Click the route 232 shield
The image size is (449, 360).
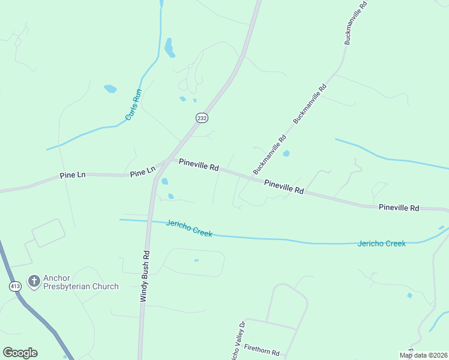point(202,118)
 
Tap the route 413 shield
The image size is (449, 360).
point(15,286)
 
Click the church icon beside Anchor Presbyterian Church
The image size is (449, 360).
point(34,281)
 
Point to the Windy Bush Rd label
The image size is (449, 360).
point(144,277)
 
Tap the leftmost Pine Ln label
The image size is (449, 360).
point(73,175)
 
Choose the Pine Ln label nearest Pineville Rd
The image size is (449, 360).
point(143,172)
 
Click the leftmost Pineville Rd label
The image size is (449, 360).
point(199,164)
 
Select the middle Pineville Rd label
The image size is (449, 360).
point(284,187)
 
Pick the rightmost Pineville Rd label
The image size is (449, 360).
point(399,207)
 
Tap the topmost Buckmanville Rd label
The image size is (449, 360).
point(355,22)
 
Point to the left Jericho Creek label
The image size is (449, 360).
point(190,228)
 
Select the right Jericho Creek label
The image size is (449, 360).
point(382,243)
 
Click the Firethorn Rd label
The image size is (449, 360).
point(262,352)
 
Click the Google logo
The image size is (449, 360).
point(20,353)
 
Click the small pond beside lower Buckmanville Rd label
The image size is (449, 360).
point(286,154)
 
